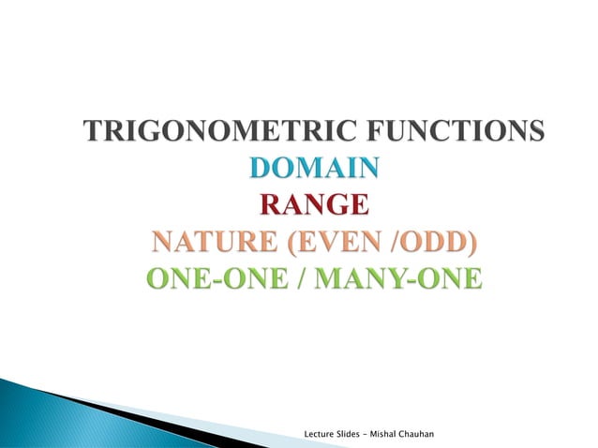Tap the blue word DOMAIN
(x=315, y=170)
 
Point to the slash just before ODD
(x=397, y=245)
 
